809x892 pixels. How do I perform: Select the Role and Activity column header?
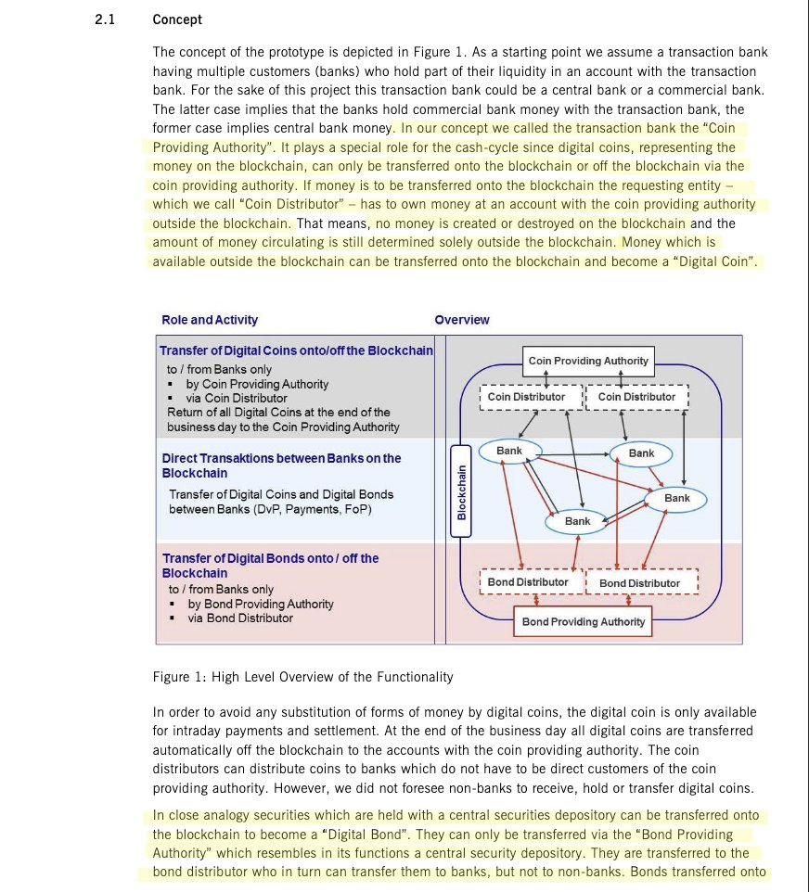(x=210, y=320)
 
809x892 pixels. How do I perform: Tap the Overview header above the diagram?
(x=462, y=320)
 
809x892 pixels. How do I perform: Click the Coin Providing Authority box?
(x=588, y=361)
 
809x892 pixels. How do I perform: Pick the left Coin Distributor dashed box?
(x=527, y=397)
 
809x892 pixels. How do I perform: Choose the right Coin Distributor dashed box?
(x=636, y=397)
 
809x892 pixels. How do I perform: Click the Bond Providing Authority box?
(x=583, y=621)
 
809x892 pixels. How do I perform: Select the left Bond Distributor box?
(x=528, y=582)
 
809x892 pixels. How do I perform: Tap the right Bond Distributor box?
(x=639, y=583)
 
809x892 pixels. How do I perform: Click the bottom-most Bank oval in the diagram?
(x=577, y=521)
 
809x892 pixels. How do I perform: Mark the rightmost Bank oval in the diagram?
(x=677, y=499)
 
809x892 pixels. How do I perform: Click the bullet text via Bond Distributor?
(x=240, y=618)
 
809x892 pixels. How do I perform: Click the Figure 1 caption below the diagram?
(x=302, y=677)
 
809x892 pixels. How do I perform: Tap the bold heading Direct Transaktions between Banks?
(x=281, y=458)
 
